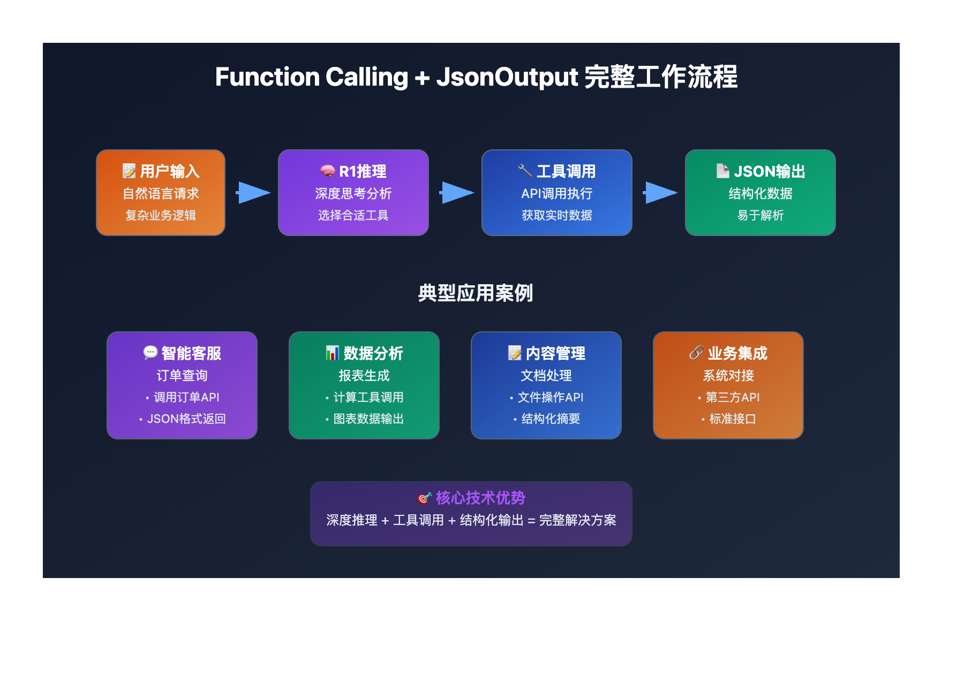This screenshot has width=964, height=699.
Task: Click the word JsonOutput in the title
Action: tap(507, 77)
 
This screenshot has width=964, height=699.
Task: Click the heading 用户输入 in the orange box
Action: tap(169, 171)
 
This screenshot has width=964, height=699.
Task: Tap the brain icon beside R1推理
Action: tap(327, 171)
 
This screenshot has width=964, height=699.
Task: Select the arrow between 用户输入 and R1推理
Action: tap(253, 193)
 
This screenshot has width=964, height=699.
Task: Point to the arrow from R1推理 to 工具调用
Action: tap(456, 193)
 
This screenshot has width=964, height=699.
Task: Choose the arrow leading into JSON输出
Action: tap(660, 193)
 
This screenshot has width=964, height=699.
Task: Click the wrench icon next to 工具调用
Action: tap(525, 171)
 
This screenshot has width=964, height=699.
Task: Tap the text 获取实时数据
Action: tap(557, 215)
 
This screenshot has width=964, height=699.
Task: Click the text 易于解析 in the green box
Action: tap(760, 215)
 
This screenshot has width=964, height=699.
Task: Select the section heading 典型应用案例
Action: tap(476, 293)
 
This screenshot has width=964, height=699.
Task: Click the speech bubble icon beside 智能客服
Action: tap(150, 352)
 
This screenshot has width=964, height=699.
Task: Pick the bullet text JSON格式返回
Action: tap(186, 419)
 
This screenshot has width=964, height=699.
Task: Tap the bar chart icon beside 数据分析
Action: tap(332, 353)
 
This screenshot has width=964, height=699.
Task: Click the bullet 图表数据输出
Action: tap(368, 419)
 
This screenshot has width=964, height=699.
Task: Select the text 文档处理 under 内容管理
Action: tap(546, 375)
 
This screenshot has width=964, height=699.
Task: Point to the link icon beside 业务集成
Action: tap(696, 353)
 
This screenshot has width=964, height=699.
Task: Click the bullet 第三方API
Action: tap(733, 397)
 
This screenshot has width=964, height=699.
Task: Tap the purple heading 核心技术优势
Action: tap(480, 498)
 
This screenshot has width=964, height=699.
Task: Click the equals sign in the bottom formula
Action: tap(531, 521)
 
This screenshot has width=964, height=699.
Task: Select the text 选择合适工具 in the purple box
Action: tap(353, 215)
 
